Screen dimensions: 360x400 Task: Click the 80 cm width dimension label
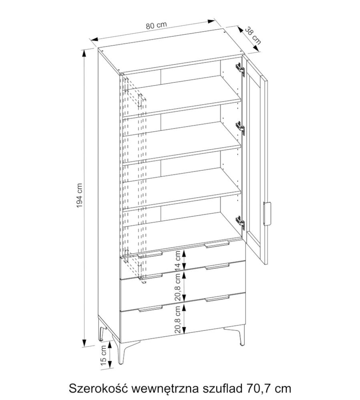[x=156, y=25]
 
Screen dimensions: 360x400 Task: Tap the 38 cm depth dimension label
[x=253, y=36]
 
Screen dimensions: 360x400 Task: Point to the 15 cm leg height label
[x=103, y=355]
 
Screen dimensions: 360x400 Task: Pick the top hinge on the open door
[x=240, y=69]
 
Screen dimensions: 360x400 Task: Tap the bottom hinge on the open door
[x=240, y=222]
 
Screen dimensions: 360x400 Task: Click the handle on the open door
[x=267, y=214]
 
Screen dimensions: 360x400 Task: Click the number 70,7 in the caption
[x=257, y=388]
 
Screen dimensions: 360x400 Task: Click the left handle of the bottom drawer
[x=150, y=309]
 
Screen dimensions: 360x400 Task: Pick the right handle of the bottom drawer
[x=217, y=298]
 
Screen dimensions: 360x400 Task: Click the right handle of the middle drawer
[x=217, y=266]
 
